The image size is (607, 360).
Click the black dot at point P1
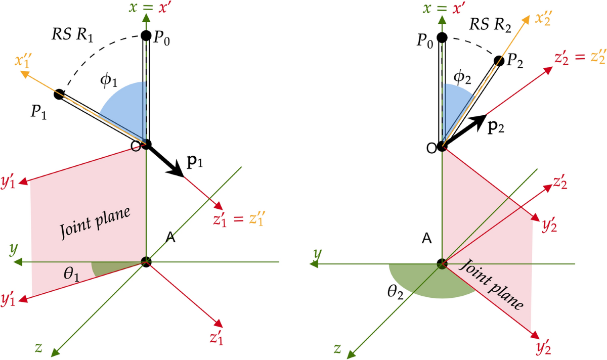[x=59, y=94]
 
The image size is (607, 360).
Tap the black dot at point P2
[x=499, y=61]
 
